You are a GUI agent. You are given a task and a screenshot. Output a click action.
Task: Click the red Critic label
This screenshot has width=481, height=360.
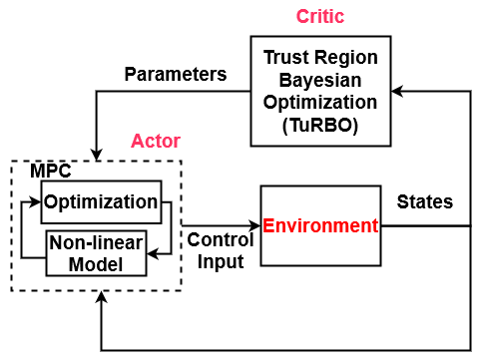point(320,17)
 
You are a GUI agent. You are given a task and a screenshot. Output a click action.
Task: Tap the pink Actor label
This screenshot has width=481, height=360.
point(156,141)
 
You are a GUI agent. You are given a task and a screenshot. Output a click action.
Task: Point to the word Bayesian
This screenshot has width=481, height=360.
point(320,80)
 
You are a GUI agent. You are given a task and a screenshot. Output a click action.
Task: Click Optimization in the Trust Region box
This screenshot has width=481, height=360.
point(320,103)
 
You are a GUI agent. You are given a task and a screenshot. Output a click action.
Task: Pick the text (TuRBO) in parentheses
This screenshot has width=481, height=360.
point(320,126)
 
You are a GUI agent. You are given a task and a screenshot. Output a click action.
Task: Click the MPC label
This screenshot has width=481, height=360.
point(51,171)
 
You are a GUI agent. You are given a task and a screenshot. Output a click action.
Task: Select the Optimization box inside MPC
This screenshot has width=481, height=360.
point(100,202)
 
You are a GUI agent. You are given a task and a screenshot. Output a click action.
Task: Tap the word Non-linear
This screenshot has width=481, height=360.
point(96,244)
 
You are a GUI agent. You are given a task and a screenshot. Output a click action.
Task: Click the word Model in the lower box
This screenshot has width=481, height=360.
point(96,264)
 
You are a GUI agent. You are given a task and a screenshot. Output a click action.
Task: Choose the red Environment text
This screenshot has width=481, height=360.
point(320,225)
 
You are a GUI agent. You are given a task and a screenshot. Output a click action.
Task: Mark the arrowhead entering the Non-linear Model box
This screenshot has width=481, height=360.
point(153,254)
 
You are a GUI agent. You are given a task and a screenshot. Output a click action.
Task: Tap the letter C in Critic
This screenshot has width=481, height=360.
point(302,17)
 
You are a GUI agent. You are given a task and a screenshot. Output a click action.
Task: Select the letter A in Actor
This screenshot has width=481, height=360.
point(138,141)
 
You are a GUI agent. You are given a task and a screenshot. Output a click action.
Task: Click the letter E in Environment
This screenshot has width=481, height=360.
point(268,225)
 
